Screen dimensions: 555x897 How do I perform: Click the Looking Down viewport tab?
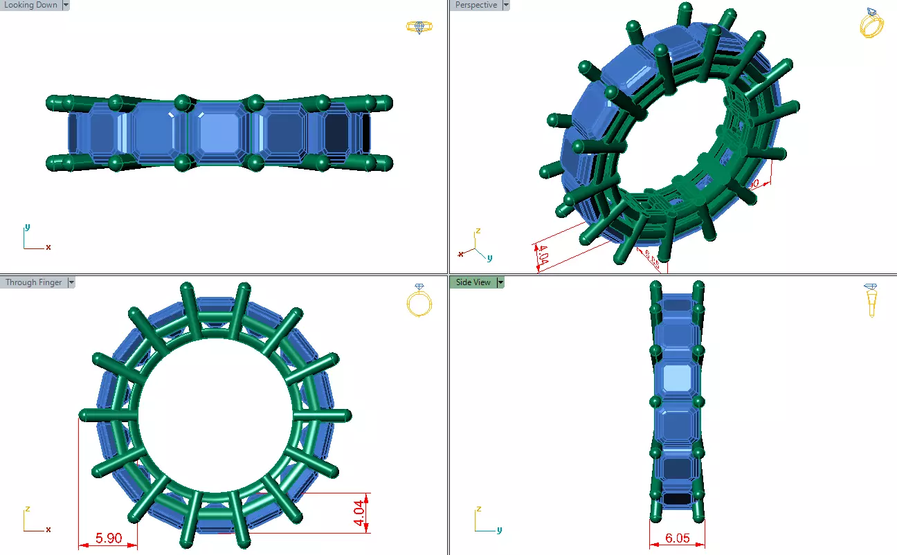click(31, 5)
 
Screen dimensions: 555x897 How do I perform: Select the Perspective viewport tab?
click(476, 5)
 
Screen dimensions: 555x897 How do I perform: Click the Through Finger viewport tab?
click(33, 282)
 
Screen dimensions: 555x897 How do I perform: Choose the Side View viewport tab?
click(473, 282)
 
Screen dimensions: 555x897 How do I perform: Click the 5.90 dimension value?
click(109, 538)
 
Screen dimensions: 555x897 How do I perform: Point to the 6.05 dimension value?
click(677, 538)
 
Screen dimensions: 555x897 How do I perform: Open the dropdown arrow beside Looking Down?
click(66, 5)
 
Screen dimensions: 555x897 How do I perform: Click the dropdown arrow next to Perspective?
click(505, 5)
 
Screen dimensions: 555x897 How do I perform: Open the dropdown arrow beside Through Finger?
click(71, 282)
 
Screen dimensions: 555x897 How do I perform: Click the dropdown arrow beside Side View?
click(500, 282)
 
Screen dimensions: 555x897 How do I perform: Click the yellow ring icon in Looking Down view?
click(419, 27)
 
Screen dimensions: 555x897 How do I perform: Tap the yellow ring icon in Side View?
click(871, 300)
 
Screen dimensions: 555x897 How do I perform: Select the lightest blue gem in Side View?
click(677, 379)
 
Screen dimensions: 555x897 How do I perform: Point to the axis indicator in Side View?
click(485, 521)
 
